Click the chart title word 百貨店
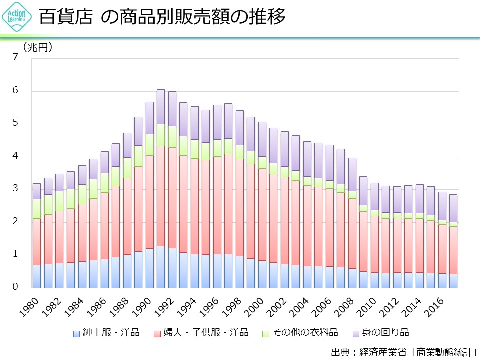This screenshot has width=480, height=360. pyautogui.click(x=66, y=18)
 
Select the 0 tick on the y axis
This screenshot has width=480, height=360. pyautogui.click(x=15, y=287)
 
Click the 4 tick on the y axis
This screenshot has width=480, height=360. pyautogui.click(x=15, y=156)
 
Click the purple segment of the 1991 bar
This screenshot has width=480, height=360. pyautogui.click(x=160, y=107)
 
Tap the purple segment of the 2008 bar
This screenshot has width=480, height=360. pyautogui.click(x=352, y=175)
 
